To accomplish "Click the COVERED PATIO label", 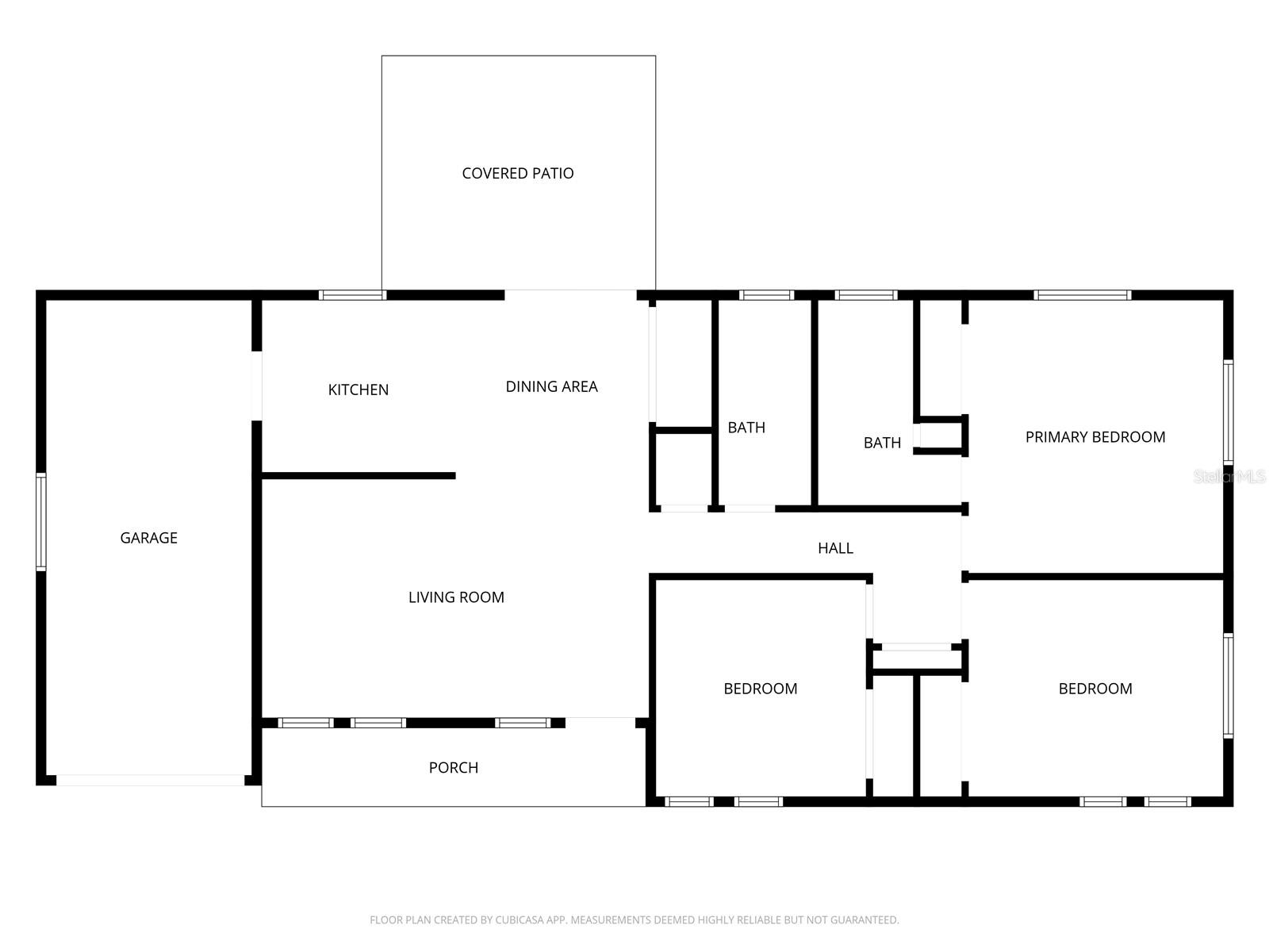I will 517,173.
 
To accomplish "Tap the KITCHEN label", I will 358,390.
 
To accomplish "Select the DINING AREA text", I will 551,386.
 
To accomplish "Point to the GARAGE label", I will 148,538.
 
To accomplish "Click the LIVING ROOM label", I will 456,597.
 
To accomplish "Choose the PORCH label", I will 453,767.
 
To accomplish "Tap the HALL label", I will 835,548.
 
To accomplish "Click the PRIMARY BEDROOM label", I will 1095,437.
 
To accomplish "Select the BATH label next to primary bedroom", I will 882,443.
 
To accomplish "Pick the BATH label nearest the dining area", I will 746,428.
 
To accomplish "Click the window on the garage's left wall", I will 41,521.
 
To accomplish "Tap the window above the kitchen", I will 353,295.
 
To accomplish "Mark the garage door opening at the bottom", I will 150,781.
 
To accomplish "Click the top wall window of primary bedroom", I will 1082,295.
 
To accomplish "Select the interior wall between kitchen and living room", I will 358,476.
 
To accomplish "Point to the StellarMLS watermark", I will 1229,477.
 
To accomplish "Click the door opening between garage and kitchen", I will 256,386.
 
